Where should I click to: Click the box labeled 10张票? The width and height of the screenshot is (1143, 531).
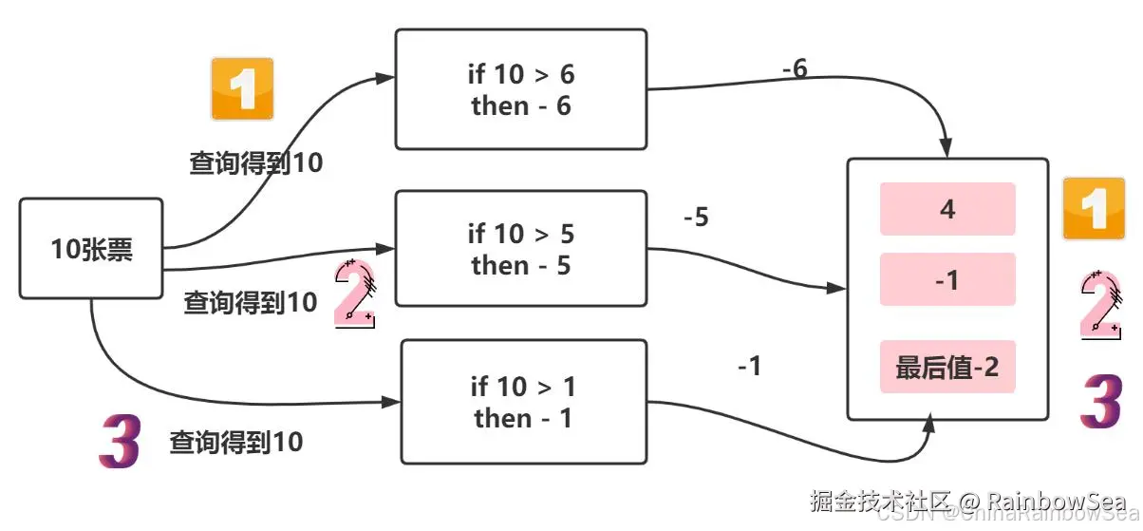click(91, 249)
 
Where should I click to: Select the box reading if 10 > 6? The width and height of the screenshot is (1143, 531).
click(520, 89)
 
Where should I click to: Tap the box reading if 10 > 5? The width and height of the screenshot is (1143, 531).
click(520, 249)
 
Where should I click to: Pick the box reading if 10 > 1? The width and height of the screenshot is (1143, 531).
click(523, 402)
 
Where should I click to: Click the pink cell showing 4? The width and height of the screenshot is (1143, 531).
click(947, 209)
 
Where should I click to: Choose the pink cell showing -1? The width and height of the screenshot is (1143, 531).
click(947, 279)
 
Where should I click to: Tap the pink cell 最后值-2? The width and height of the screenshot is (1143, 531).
click(947, 367)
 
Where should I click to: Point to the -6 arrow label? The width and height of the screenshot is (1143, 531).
click(795, 68)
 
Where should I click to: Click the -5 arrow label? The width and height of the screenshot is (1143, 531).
click(696, 218)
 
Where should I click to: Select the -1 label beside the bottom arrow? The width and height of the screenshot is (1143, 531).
click(749, 366)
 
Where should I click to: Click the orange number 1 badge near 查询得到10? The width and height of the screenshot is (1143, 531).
click(242, 89)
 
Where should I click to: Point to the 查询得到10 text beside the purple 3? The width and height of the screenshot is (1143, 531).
click(236, 442)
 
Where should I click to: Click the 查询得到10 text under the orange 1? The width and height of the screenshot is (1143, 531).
click(256, 163)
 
